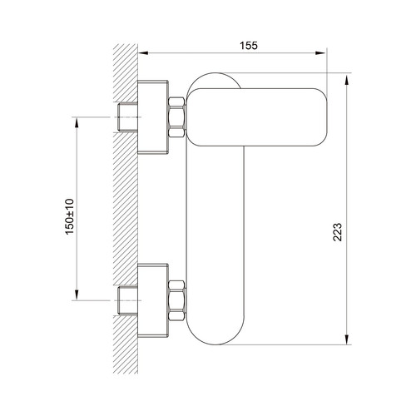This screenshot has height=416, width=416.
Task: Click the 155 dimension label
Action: click(249, 46)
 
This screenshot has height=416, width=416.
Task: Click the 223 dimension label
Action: click(338, 232)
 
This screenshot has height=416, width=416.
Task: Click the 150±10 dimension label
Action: click(70, 216)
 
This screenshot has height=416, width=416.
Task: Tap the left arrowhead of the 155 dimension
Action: click(143, 53)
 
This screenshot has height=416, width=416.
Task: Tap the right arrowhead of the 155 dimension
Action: click(320, 53)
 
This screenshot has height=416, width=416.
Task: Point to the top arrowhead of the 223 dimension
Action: click(347, 81)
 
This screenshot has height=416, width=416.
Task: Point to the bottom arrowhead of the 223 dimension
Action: click(347, 339)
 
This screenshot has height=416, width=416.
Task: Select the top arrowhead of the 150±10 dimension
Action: click(77, 122)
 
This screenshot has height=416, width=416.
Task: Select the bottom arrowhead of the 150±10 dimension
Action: click(77, 295)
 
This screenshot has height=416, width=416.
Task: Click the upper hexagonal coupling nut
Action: click(176, 117)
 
